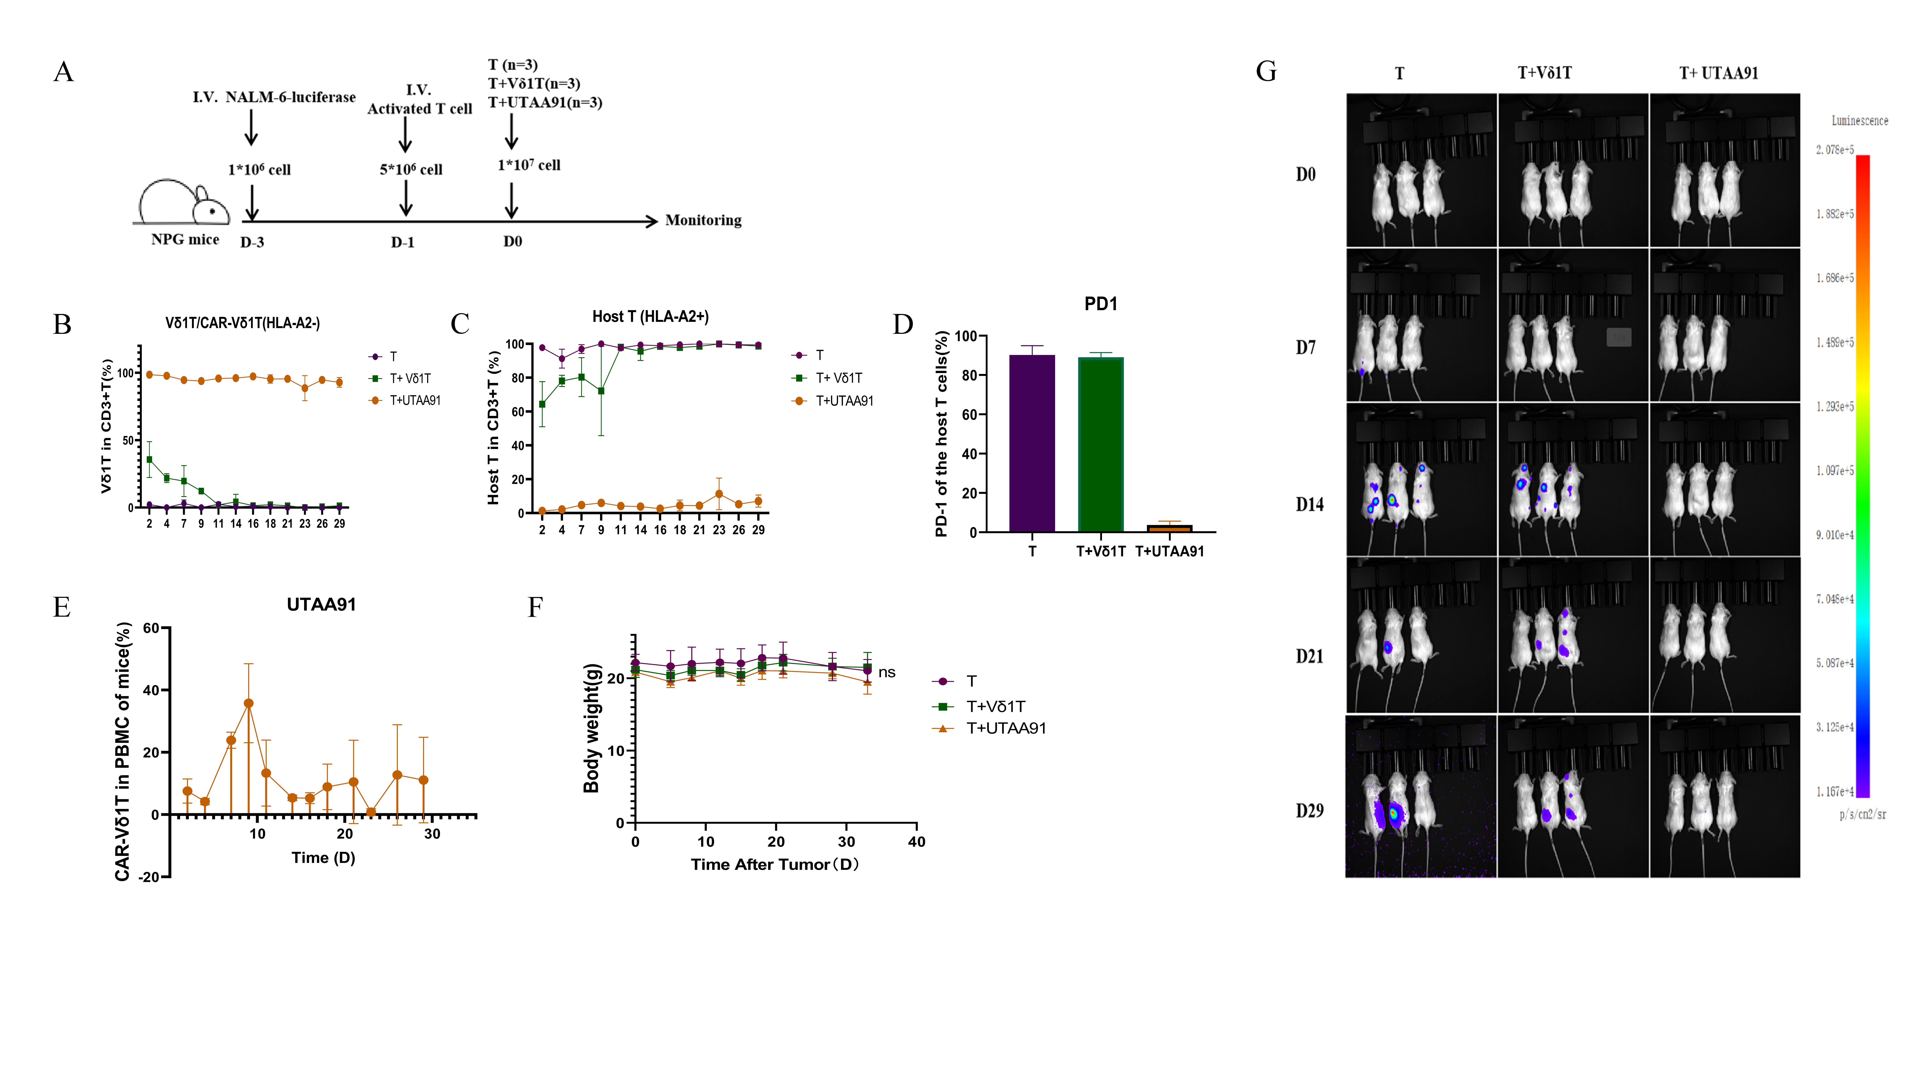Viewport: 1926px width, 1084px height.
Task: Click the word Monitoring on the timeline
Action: click(703, 220)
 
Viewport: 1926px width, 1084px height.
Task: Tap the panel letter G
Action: click(1266, 72)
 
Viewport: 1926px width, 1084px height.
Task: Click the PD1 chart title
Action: click(1101, 304)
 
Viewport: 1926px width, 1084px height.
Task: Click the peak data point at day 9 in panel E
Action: click(248, 703)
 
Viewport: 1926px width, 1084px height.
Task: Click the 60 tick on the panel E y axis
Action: click(151, 628)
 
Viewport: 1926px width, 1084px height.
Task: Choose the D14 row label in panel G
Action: click(1309, 505)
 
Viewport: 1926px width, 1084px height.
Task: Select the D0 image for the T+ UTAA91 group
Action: click(1724, 171)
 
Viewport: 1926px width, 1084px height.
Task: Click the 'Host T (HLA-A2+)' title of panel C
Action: click(650, 316)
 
